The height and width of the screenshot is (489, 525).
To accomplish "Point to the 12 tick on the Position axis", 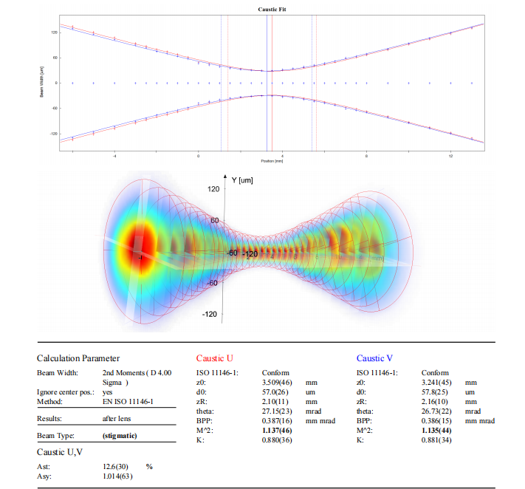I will (451, 156).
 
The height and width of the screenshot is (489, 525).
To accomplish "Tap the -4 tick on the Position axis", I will (114, 156).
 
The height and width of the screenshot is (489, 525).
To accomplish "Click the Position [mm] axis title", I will (272, 160).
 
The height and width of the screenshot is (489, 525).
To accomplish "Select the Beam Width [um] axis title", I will (38, 83).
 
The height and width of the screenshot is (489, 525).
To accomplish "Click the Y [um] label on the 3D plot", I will (243, 179).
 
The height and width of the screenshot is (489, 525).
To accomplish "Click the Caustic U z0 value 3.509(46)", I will (278, 383).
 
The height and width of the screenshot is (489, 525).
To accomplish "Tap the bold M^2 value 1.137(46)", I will (278, 431).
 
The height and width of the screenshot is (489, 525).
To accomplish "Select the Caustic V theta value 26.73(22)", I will (438, 411).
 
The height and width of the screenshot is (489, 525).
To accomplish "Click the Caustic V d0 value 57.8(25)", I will (436, 392).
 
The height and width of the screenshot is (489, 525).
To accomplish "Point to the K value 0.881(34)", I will (438, 440).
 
